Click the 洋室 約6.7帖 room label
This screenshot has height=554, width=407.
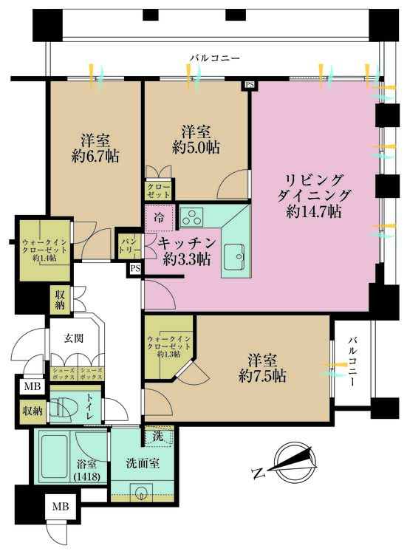pos(95,148)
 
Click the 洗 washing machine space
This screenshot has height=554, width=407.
pos(157,437)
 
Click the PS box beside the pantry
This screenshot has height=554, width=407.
pos(135,268)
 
